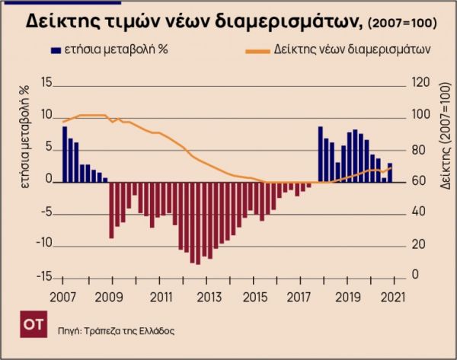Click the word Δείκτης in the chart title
click(x=65, y=21)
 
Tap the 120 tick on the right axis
click(x=420, y=82)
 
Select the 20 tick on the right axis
click(x=417, y=244)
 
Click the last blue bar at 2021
click(x=390, y=173)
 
